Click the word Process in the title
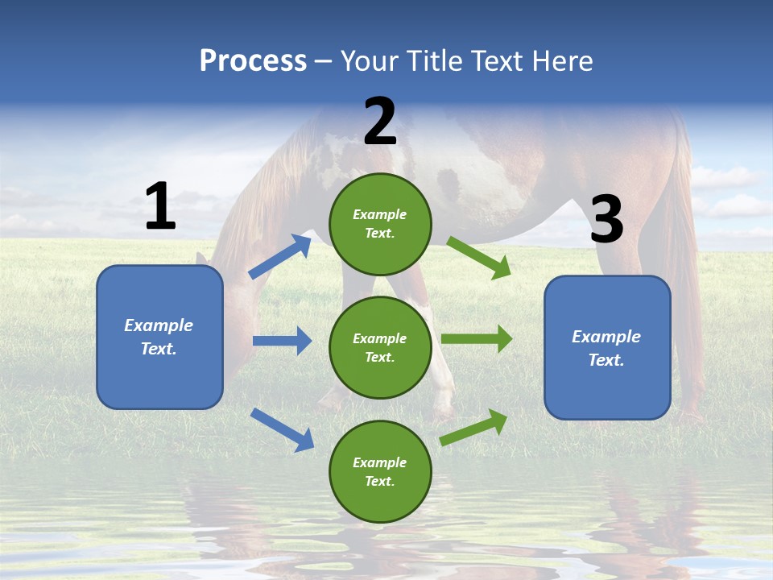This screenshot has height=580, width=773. (253, 61)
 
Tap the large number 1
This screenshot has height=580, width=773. (160, 206)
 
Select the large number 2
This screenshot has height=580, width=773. (380, 122)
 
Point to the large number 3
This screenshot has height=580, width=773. (606, 220)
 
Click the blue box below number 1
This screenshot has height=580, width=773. (159, 337)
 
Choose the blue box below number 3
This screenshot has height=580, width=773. (607, 347)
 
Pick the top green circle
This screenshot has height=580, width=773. (380, 224)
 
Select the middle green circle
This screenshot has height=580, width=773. (380, 347)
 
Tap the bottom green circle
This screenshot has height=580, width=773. (380, 471)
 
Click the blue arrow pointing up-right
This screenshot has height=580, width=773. (280, 257)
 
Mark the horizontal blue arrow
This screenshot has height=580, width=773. (282, 341)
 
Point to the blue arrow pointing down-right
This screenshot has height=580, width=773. (282, 429)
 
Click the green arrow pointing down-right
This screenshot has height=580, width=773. (479, 258)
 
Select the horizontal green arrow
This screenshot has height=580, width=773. (477, 339)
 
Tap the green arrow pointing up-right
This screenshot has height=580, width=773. (474, 427)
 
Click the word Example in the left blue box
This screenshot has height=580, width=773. (159, 325)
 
